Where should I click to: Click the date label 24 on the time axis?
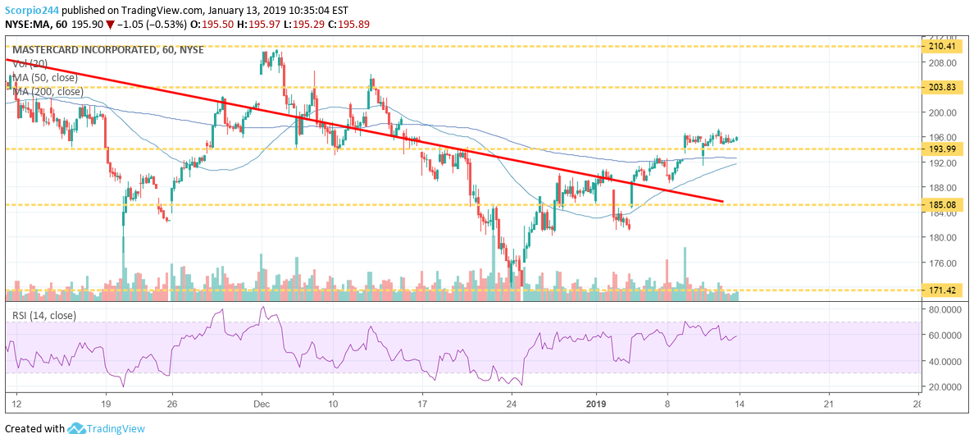pos(511,404)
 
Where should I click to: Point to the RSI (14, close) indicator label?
pos(44,313)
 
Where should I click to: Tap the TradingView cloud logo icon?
pos(78,428)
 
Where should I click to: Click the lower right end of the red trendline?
pos(722,201)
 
